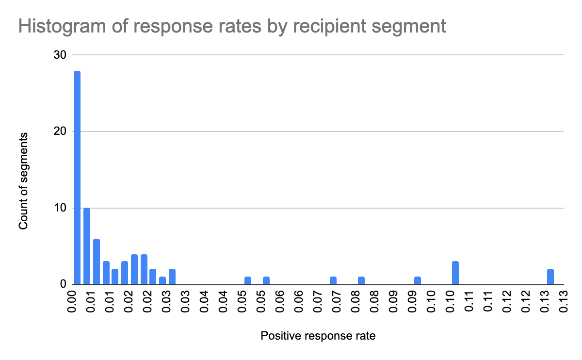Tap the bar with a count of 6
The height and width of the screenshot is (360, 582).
pos(96,262)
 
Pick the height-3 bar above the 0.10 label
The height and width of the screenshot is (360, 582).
pos(455,273)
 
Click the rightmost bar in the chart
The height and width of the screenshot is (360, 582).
pos(550,277)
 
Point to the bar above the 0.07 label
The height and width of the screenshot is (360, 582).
pos(333,280)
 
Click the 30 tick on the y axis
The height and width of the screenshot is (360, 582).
pos(60,55)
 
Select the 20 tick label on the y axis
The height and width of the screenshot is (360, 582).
pos(60,131)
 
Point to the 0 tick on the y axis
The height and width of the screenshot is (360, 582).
pos(63,285)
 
